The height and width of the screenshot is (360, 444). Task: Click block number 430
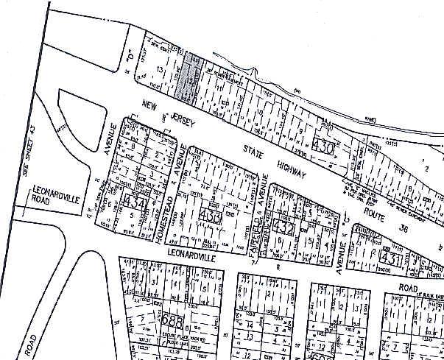[x=325, y=147]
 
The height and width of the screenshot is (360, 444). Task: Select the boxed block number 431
[x=391, y=258]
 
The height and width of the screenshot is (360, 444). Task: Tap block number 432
[x=284, y=228]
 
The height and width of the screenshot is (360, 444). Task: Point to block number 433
[x=211, y=217]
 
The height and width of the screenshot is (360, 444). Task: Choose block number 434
[x=135, y=200]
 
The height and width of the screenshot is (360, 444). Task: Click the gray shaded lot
[x=189, y=77]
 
